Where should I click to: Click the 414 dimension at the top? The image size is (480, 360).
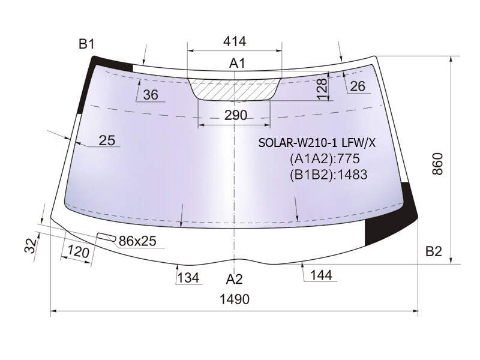tap(235, 41)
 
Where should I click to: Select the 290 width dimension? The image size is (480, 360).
tap(235, 115)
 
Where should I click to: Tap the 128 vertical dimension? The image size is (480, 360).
tap(322, 89)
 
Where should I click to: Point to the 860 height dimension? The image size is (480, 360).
tap(438, 164)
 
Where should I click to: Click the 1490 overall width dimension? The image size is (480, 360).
tap(235, 299)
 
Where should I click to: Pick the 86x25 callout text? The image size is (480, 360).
tap(137, 241)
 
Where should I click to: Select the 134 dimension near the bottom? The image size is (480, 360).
tap(188, 278)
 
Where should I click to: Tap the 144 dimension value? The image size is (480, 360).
tap(321, 275)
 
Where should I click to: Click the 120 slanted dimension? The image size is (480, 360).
tap(79, 252)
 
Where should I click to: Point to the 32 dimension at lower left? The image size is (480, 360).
tap(31, 246)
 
